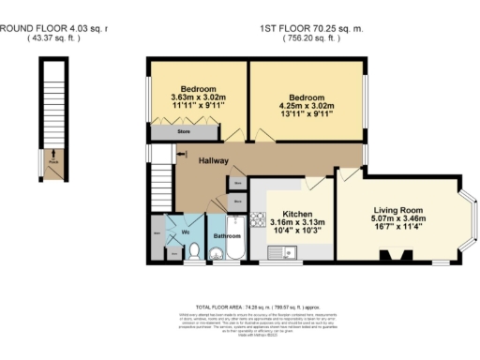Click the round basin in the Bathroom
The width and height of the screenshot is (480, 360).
pyautogui.click(x=217, y=251)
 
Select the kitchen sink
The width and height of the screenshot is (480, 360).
pyautogui.click(x=279, y=250)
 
